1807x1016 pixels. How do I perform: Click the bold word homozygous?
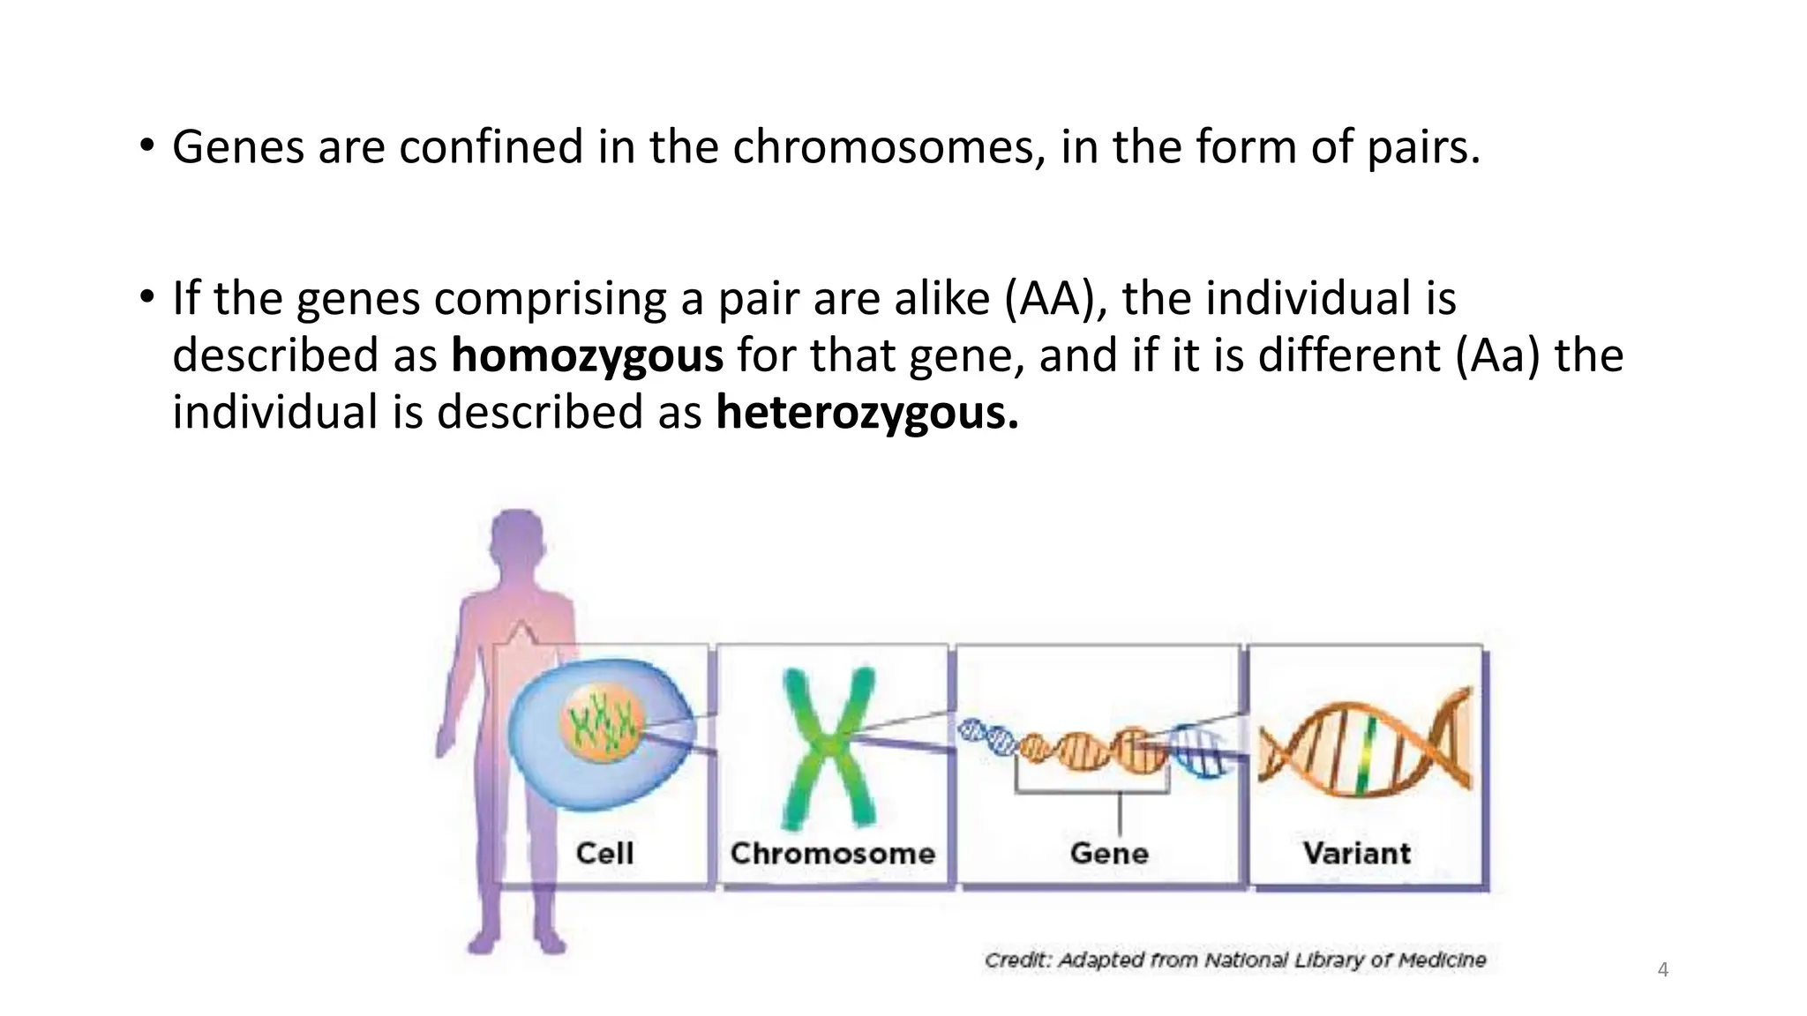tap(587, 355)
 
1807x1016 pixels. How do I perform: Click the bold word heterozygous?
tap(866, 413)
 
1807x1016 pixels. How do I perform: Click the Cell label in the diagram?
tap(604, 853)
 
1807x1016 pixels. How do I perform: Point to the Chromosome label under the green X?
tap(832, 853)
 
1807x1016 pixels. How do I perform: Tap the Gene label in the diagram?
tap(1109, 853)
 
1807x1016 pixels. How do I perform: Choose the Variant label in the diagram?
tap(1356, 853)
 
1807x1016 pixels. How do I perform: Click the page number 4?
tap(1662, 970)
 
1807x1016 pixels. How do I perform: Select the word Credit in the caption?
tap(1016, 960)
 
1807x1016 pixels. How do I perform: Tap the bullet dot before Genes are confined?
tap(146, 145)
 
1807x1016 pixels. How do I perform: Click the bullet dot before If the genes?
tap(146, 296)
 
